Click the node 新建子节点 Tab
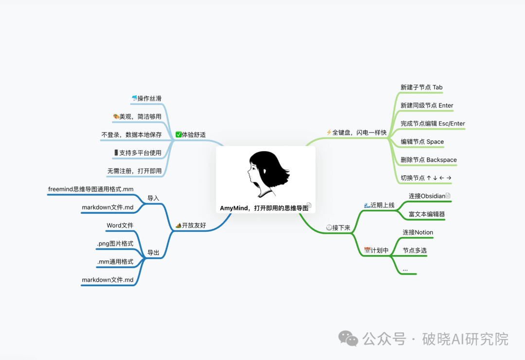pos(421,87)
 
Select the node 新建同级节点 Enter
pos(427,105)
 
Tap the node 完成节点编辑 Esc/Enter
pos(433,123)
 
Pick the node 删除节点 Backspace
pos(428,160)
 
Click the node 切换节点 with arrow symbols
pos(426,178)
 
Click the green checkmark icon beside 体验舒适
pos(178,135)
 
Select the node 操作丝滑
pos(147,99)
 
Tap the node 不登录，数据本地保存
pos(131,135)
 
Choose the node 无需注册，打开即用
pos(134,171)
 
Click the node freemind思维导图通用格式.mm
pos(91,189)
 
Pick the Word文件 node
pos(120,225)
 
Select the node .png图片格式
pos(115,243)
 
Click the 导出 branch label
pos(153,253)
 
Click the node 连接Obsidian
pos(427,196)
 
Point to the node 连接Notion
pos(418,232)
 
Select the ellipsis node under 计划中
pos(405,269)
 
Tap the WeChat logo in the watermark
pos(348,338)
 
